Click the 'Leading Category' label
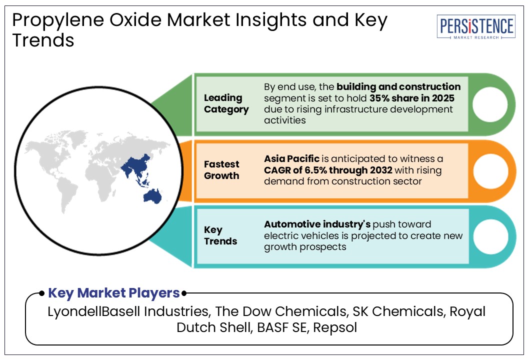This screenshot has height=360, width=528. click(226, 103)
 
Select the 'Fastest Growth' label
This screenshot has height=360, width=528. click(221, 169)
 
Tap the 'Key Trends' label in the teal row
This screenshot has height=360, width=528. click(220, 235)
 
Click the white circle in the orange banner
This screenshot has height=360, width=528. click(489, 170)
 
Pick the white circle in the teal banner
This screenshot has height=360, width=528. click(489, 235)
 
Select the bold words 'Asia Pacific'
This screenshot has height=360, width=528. click(291, 159)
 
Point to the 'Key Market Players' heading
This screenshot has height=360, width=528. click(113, 293)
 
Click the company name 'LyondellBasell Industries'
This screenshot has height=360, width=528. click(128, 311)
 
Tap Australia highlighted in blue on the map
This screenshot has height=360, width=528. click(151, 195)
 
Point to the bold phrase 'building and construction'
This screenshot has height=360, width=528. click(398, 87)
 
